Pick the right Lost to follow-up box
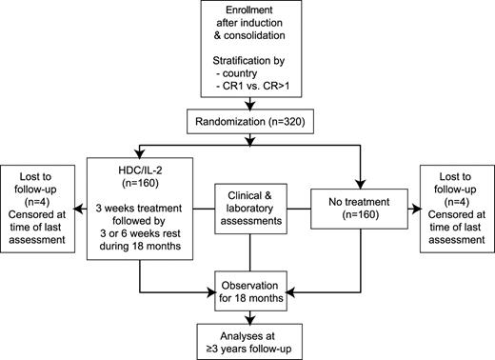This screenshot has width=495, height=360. tap(455, 208)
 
